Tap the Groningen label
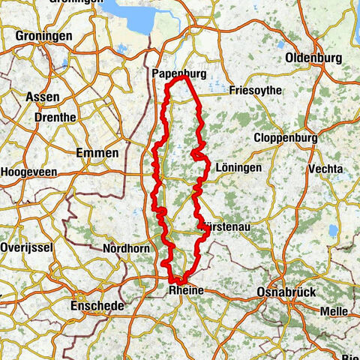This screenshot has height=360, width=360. tap(44, 35)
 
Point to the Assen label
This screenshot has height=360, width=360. tap(40, 97)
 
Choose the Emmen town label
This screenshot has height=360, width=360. tap(97, 152)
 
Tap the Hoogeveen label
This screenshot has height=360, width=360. tap(28, 172)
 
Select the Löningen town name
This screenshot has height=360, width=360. tap(238, 168)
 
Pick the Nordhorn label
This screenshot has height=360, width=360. tap(124, 248)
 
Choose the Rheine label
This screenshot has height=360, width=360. tap(185, 291)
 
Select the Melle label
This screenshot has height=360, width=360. tap(333, 310)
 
